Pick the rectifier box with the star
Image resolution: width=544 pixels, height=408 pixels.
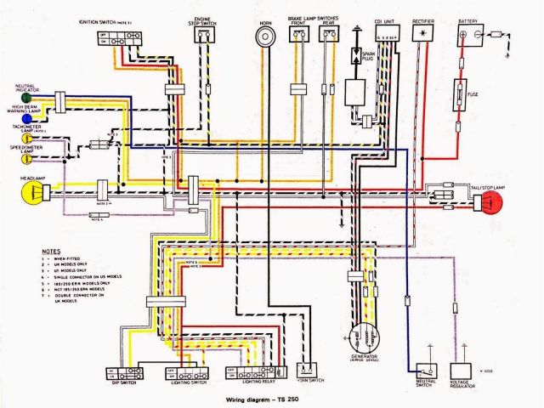point(420,33)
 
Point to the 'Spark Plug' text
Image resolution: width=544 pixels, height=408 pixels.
point(368,59)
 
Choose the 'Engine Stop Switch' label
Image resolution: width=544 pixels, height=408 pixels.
point(203,19)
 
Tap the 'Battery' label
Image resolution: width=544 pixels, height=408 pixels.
point(468,20)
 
